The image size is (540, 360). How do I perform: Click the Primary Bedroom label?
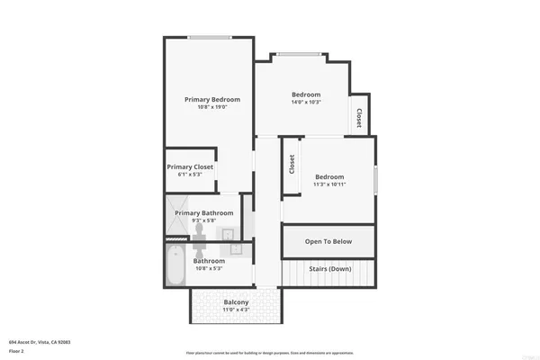(212, 99)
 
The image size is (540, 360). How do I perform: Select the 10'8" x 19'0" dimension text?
(212, 108)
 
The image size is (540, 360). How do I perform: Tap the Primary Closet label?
(189, 166)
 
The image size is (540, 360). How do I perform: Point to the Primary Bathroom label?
(204, 213)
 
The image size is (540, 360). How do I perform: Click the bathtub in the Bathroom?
(176, 265)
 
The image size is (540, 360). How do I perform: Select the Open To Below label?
(328, 241)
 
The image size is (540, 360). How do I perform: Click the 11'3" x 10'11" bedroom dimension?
(329, 184)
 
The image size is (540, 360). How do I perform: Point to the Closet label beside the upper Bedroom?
(360, 118)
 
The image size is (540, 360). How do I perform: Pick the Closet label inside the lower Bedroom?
(292, 165)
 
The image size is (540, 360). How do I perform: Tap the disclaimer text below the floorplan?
(269, 352)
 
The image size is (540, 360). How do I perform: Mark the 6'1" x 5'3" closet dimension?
(189, 175)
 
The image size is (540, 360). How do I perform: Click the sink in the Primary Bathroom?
(229, 236)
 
